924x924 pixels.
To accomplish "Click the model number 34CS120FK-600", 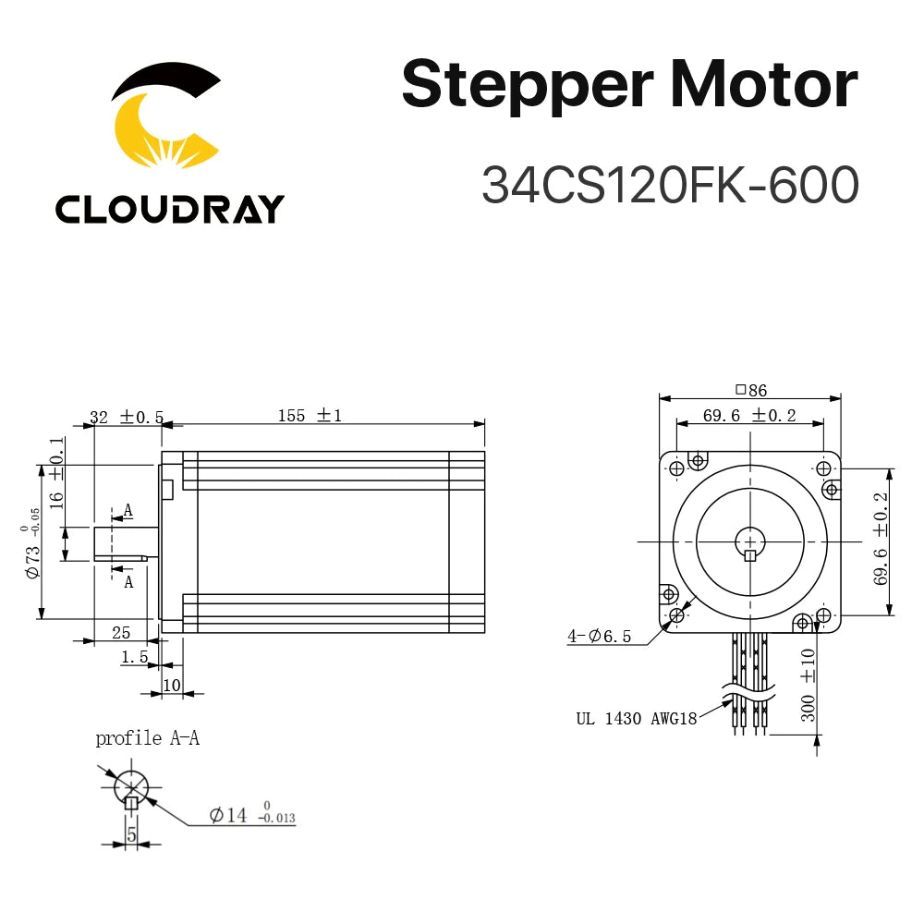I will click(x=670, y=185).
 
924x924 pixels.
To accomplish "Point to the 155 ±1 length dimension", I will click(x=310, y=416).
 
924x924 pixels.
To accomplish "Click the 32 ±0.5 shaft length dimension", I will click(x=127, y=418).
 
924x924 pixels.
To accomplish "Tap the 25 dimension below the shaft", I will click(x=120, y=632).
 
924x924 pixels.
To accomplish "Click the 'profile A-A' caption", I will click(x=147, y=738).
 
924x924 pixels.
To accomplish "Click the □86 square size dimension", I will click(x=749, y=390).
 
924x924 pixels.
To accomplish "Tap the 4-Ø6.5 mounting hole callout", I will click(x=599, y=636).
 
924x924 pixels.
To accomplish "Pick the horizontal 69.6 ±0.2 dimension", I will click(x=749, y=415).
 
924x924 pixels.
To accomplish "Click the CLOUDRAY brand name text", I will click(x=169, y=210).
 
